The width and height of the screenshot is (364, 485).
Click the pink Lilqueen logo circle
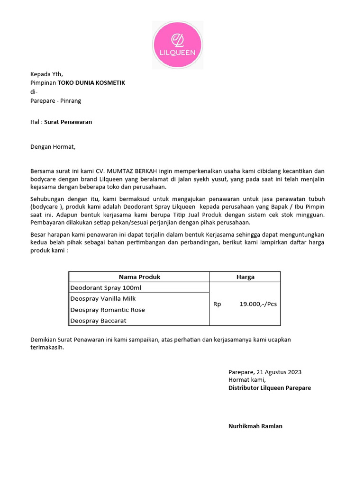tap(177, 45)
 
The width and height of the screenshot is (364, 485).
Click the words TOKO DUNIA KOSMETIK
tap(91, 83)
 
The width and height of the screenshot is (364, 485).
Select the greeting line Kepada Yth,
tap(46, 74)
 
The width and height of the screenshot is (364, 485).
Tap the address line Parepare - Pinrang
tap(55, 101)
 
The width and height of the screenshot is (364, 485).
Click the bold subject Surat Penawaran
tap(68, 122)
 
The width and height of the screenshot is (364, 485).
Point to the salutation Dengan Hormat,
tap(53, 147)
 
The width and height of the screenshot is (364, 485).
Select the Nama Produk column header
tap(139, 277)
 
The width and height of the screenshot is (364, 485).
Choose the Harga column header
tap(245, 277)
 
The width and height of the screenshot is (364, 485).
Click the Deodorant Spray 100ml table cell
tap(106, 288)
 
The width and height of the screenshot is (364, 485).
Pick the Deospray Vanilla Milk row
tap(103, 299)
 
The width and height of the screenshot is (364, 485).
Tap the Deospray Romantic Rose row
tap(108, 310)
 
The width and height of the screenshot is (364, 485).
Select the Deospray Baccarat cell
tap(98, 321)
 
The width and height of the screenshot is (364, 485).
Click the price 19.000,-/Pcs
tap(258, 304)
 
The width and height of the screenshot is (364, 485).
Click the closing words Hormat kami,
tap(247, 380)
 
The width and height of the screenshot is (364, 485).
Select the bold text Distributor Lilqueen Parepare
tap(270, 388)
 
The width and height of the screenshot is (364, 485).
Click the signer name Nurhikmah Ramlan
tap(255, 426)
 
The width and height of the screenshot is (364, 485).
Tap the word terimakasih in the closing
tap(46, 347)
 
